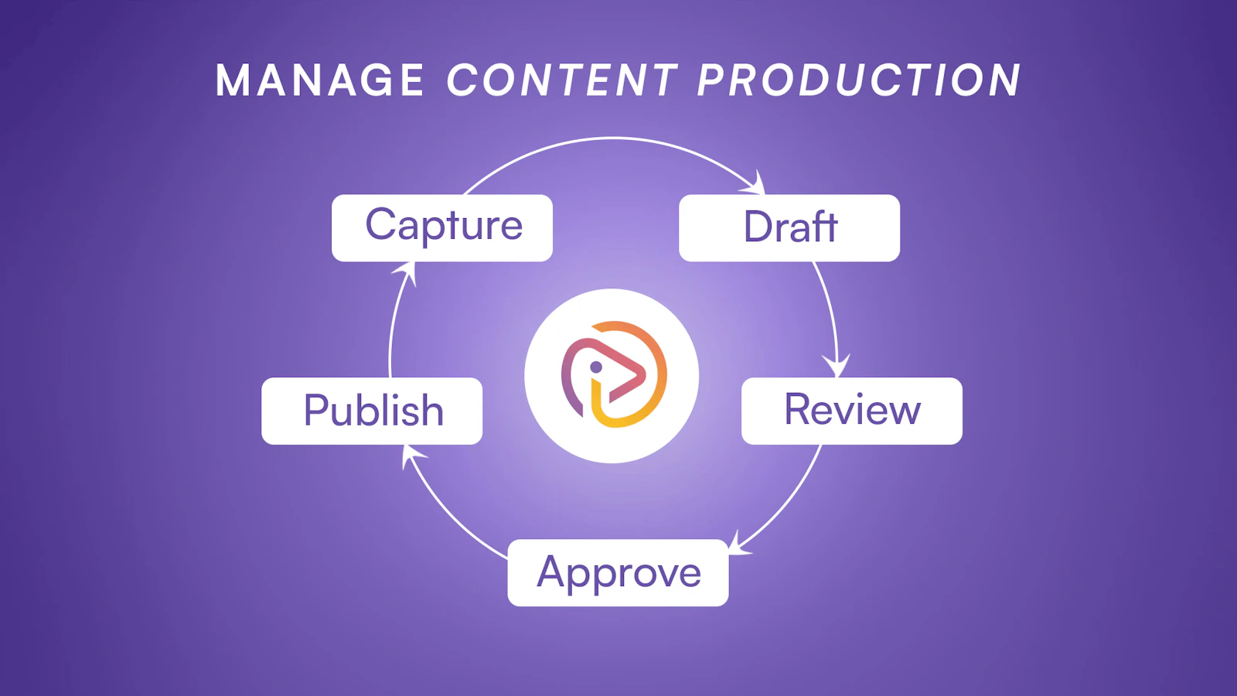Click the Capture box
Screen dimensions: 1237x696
pyautogui.click(x=441, y=227)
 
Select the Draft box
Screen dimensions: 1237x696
pyautogui.click(x=789, y=227)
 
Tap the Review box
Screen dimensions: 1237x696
pyautogui.click(x=851, y=411)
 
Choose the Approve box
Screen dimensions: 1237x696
pyautogui.click(x=618, y=572)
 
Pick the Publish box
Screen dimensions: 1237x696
pyautogui.click(x=372, y=411)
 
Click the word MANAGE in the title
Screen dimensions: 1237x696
pyautogui.click(x=320, y=80)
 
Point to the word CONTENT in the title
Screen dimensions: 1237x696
pyautogui.click(x=561, y=80)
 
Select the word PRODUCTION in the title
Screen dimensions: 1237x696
pyautogui.click(x=859, y=80)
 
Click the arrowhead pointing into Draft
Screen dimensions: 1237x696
pyautogui.click(x=755, y=183)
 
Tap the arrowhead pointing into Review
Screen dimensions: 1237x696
pyautogui.click(x=837, y=365)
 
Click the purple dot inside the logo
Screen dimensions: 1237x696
pyautogui.click(x=596, y=367)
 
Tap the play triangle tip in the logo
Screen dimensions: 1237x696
pyautogui.click(x=644, y=374)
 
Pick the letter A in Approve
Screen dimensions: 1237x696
pyautogui.click(x=554, y=571)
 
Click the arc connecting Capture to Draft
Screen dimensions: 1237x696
pyautogui.click(x=613, y=138)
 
